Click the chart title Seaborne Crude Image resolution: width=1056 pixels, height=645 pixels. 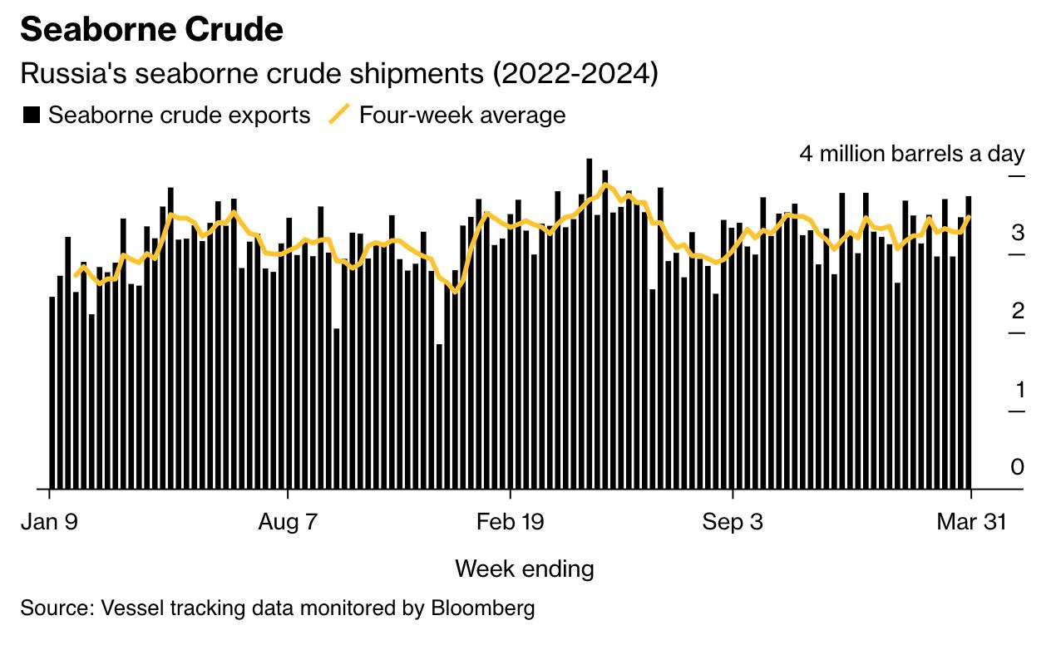pyautogui.click(x=151, y=30)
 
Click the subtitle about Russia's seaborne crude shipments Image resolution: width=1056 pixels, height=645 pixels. pyautogui.click(x=338, y=73)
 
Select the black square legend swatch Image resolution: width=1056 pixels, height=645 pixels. pyautogui.click(x=31, y=115)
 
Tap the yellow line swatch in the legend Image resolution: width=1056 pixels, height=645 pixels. pyautogui.click(x=338, y=115)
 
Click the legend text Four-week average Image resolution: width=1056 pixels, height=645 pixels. pyautogui.click(x=461, y=115)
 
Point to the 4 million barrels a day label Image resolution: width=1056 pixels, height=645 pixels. pyautogui.click(x=911, y=154)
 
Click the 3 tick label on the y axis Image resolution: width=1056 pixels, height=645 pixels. pyautogui.click(x=1017, y=233)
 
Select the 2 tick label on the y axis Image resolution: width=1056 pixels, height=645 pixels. pyautogui.click(x=1017, y=311)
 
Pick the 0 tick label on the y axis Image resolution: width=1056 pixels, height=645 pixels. pyautogui.click(x=1017, y=467)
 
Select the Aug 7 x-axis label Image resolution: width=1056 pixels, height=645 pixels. pyautogui.click(x=288, y=522)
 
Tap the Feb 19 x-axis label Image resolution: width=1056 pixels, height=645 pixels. pyautogui.click(x=510, y=522)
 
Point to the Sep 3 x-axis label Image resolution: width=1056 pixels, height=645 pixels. pyautogui.click(x=733, y=522)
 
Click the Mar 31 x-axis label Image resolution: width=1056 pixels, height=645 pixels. pyautogui.click(x=970, y=522)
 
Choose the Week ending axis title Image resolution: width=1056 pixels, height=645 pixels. pyautogui.click(x=524, y=569)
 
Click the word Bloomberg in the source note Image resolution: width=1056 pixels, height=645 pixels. pyautogui.click(x=482, y=608)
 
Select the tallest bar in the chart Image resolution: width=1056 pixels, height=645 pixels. pyautogui.click(x=590, y=324)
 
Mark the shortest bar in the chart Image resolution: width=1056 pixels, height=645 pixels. pyautogui.click(x=439, y=416)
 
